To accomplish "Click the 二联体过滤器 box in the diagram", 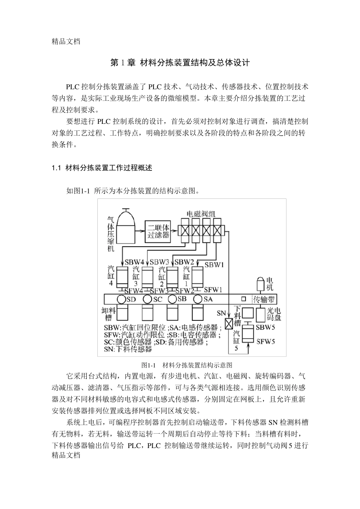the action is [x=158, y=231].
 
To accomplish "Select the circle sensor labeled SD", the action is [x=121, y=299].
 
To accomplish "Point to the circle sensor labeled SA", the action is [x=197, y=299].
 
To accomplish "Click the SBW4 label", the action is [x=135, y=262].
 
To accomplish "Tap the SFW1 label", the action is [x=213, y=290].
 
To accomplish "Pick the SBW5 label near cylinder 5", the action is [x=266, y=327].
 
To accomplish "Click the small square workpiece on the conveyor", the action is [x=244, y=299].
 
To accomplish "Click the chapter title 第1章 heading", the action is [x=180, y=63].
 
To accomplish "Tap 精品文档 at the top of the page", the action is [x=66, y=42].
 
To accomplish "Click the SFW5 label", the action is [x=266, y=342].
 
